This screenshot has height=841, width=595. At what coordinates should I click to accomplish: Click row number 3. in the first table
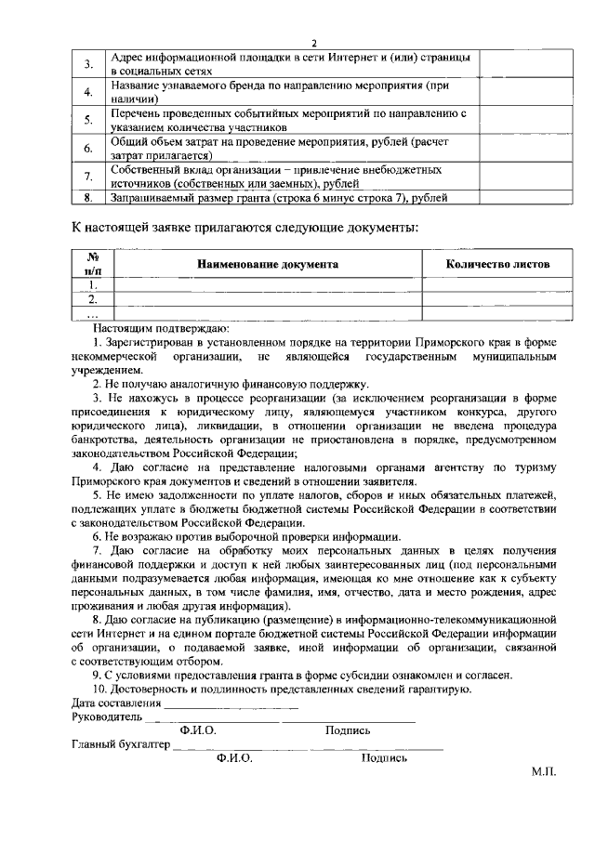(x=87, y=64)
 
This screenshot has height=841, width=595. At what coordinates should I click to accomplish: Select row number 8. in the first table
(x=87, y=198)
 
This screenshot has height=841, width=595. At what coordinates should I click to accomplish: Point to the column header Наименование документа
(x=267, y=265)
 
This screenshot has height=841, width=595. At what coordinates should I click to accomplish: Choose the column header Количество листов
(x=497, y=265)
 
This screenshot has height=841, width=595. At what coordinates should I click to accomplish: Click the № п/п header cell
(x=92, y=264)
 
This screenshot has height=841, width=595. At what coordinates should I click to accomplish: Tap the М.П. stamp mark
(x=544, y=772)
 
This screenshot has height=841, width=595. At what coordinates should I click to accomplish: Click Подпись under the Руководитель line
(x=348, y=730)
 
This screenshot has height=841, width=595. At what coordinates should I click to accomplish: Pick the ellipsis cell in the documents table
(x=92, y=314)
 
